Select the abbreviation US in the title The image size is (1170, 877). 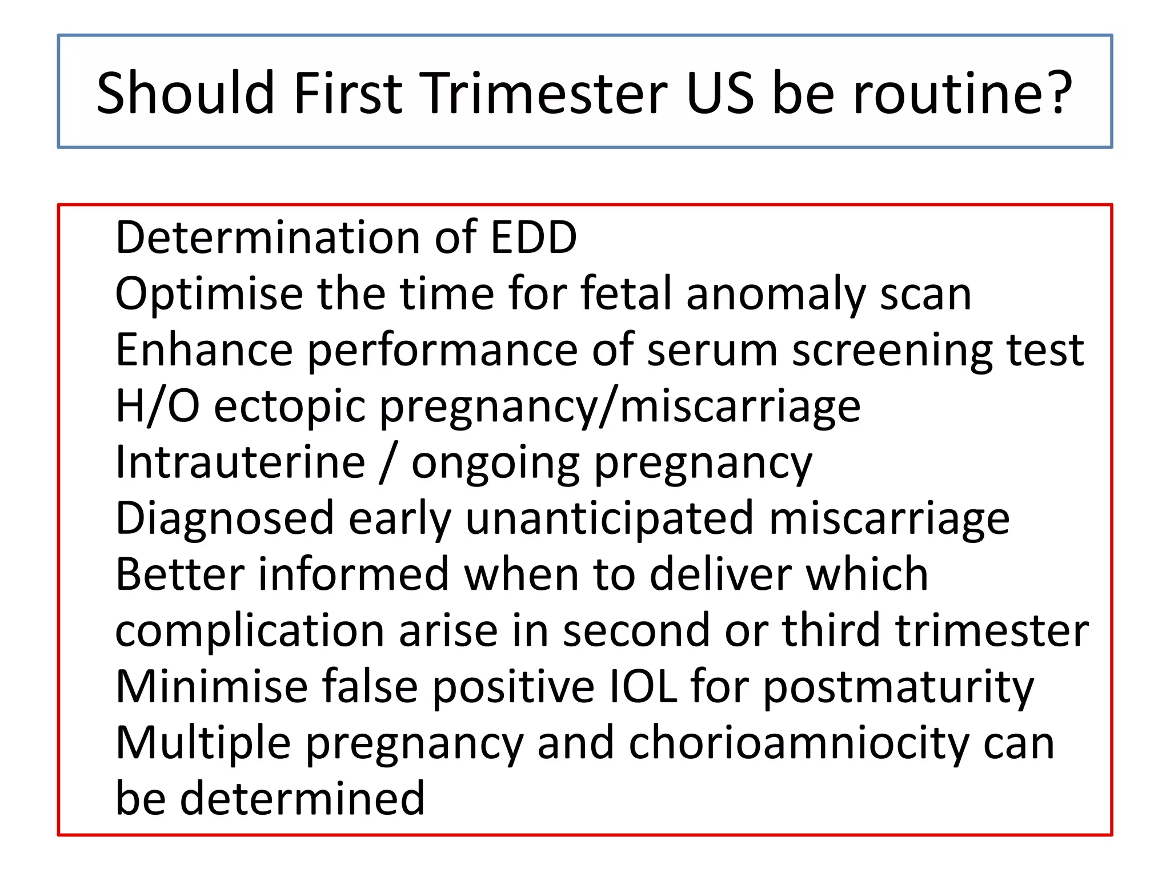(720, 92)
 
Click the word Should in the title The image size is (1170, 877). (186, 92)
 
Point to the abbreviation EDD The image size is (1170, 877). (534, 238)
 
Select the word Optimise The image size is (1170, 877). (209, 294)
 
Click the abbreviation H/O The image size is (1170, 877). (157, 406)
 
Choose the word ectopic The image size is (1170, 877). (290, 406)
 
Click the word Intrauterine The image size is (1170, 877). (240, 462)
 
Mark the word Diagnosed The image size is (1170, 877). (225, 518)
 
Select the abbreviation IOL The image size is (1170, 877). (643, 687)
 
